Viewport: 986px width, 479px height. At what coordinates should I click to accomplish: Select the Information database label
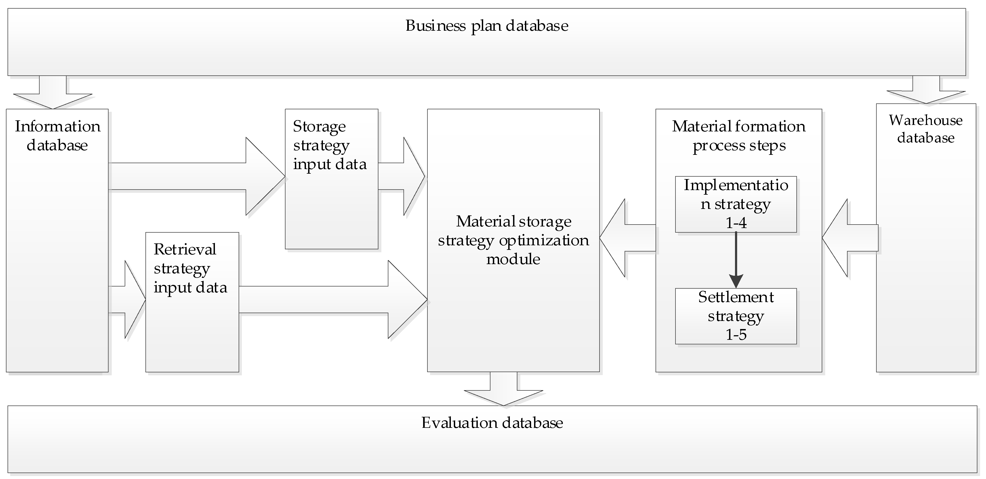pyautogui.click(x=57, y=136)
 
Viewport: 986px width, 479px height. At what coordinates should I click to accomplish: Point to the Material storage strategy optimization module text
pyautogui.click(x=513, y=240)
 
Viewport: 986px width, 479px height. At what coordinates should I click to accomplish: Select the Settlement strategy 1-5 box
pyautogui.click(x=736, y=316)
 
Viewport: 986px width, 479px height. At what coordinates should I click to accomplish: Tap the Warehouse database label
pyautogui.click(x=925, y=129)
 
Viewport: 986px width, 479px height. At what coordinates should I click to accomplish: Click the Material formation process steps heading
pyautogui.click(x=739, y=136)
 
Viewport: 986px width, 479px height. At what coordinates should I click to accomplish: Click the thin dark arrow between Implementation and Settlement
pyautogui.click(x=736, y=260)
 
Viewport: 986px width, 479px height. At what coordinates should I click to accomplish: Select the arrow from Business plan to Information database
pyautogui.click(x=53, y=94)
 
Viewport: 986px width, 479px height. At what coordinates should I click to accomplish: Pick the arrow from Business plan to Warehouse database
pyautogui.click(x=926, y=91)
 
